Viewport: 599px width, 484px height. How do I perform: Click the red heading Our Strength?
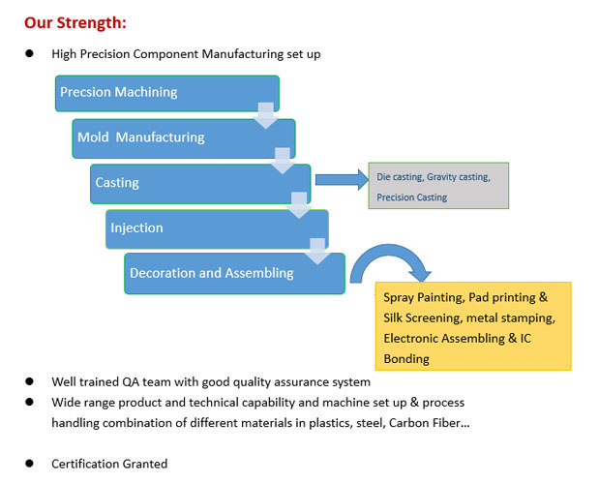click(x=75, y=21)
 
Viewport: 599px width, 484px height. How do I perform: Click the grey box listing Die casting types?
click(x=438, y=186)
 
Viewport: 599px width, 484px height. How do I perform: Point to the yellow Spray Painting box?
click(x=472, y=326)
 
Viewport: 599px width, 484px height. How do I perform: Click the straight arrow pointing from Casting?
click(x=341, y=179)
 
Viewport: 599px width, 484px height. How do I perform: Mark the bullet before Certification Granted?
click(x=30, y=463)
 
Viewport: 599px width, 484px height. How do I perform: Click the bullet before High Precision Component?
click(x=30, y=54)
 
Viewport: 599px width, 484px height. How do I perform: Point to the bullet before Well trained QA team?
click(x=30, y=381)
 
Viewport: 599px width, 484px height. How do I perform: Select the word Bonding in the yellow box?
click(x=406, y=358)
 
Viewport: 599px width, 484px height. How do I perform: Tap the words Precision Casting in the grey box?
click(x=412, y=197)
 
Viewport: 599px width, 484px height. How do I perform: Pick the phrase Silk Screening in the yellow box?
click(x=421, y=318)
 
